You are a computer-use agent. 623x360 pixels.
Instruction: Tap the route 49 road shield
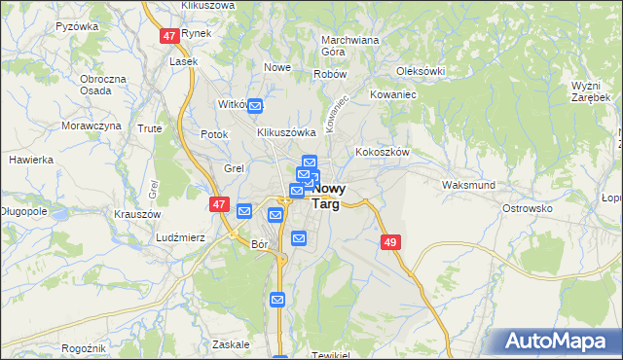391,241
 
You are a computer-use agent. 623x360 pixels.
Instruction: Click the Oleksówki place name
421,71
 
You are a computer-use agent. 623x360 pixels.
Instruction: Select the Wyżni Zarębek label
590,92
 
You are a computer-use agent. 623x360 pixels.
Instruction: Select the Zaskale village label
231,343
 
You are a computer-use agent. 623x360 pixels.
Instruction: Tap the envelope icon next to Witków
255,106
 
